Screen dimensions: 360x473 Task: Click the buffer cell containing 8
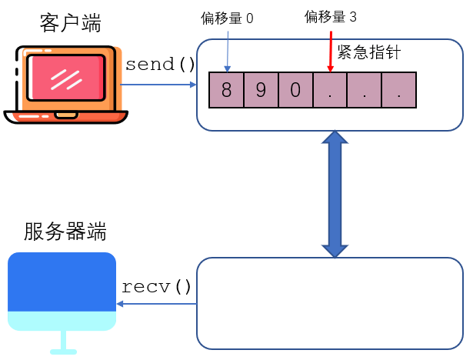[226, 89]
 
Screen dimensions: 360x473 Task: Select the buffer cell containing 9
[261, 89]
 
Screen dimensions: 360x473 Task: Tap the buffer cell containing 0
[295, 89]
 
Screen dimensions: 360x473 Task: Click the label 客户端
[70, 24]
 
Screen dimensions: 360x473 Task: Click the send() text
[161, 64]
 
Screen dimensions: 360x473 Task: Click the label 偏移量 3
[330, 17]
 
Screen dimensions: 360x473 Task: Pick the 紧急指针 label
[369, 52]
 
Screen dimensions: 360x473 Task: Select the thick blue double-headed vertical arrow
[335, 193]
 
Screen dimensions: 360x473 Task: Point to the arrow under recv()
[157, 305]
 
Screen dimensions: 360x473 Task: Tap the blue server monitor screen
[62, 282]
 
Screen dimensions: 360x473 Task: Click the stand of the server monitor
[62, 343]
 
